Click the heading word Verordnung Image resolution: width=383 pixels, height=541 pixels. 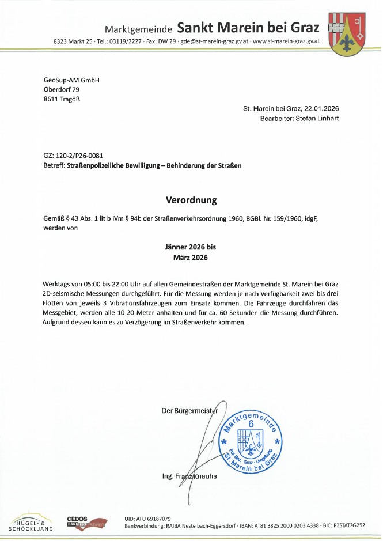pyautogui.click(x=191, y=200)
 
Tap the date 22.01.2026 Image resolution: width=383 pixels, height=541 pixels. pyautogui.click(x=321, y=108)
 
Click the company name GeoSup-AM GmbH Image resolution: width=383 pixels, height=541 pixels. pyautogui.click(x=71, y=80)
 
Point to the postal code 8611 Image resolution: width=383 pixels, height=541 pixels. pyautogui.click(x=52, y=99)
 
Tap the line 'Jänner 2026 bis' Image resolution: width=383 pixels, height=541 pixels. pyautogui.click(x=191, y=247)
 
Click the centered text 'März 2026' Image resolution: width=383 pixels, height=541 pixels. pyautogui.click(x=191, y=258)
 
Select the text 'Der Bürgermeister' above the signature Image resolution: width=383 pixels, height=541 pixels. pyautogui.click(x=190, y=411)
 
